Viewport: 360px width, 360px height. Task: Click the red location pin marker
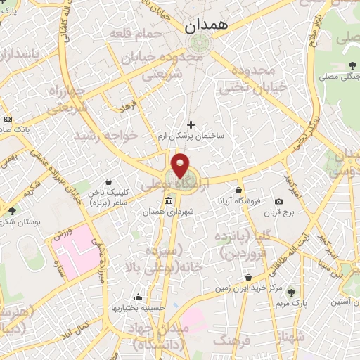[181, 165]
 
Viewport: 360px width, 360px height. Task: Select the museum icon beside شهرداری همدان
[168, 202]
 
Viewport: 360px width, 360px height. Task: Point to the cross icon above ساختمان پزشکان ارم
[191, 124]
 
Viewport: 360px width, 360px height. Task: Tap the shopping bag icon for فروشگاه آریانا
[239, 190]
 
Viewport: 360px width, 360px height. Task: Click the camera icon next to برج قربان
[278, 202]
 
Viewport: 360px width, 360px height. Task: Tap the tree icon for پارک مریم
[292, 292]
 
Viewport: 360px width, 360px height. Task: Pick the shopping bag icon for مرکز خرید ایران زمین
[248, 276]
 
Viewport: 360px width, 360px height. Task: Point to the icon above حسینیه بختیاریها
[140, 296]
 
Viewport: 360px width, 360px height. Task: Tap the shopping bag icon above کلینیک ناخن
[107, 181]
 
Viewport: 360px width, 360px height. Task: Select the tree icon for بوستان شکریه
[12, 210]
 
